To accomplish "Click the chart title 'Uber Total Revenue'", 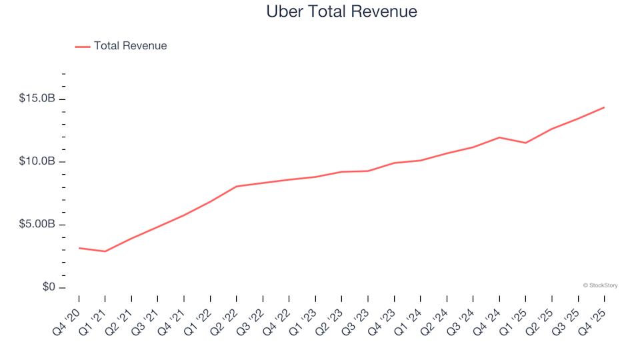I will (x=341, y=11).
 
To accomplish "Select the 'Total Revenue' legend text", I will (x=130, y=46).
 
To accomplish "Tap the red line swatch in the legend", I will (x=83, y=47).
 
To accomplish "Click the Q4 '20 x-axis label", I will (x=69, y=315).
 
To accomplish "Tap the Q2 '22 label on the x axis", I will (x=226, y=315).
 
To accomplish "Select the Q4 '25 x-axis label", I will (x=594, y=315).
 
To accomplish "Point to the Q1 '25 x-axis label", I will (x=515, y=315).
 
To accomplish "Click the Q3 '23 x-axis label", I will (x=357, y=315).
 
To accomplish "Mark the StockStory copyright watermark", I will (x=600, y=285).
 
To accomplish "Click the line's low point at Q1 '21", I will (x=105, y=251).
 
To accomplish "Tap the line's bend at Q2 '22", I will (x=237, y=187).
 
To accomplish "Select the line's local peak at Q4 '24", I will (x=499, y=137).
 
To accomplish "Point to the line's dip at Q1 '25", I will (x=525, y=143).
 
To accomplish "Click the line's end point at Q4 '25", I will (x=604, y=107).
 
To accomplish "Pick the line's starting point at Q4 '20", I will (x=79, y=248).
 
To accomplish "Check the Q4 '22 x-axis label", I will (x=279, y=315).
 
